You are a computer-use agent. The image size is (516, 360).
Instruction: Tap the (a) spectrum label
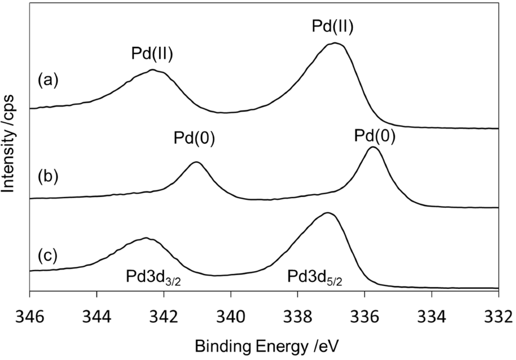pos(48,80)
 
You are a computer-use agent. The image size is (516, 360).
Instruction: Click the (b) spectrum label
pos(48,176)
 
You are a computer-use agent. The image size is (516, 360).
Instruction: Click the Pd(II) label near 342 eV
pos(153,54)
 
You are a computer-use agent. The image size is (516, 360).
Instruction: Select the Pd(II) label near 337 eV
pos(332,26)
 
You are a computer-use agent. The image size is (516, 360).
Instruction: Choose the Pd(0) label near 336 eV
pos(373,135)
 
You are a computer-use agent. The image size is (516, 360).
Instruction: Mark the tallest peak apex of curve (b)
pos(372,147)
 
